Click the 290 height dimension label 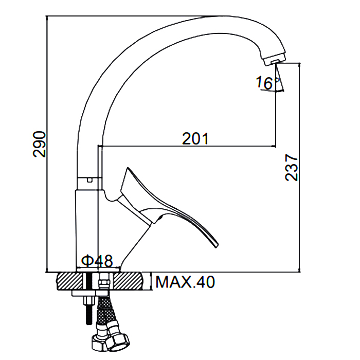[39, 144]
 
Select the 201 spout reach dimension [195, 138]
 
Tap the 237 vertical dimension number [292, 168]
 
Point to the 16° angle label [267, 83]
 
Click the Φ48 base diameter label [97, 261]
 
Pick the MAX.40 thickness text [185, 282]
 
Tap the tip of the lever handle [217, 246]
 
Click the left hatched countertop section [69, 281]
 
